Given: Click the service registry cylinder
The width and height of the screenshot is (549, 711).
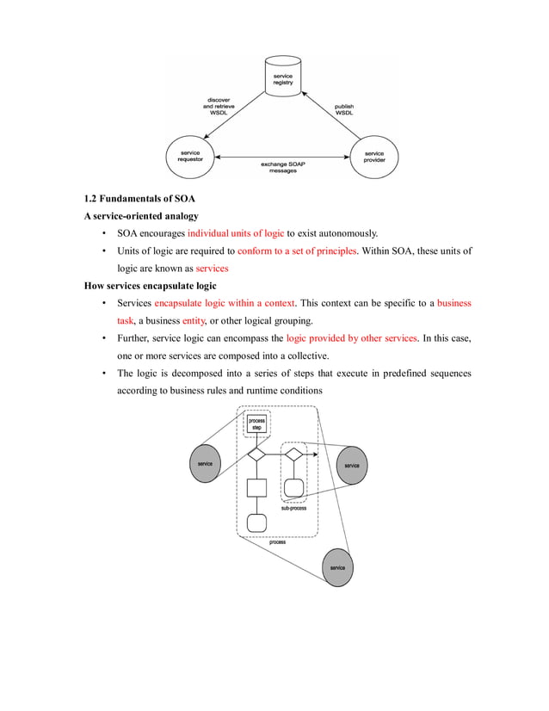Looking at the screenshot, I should coord(282,77).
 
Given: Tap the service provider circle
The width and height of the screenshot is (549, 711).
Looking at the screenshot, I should coord(374,157).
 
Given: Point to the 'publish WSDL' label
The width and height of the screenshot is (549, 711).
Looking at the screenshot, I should coord(344,110).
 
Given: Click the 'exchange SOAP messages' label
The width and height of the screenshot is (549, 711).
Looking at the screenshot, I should coord(282,167).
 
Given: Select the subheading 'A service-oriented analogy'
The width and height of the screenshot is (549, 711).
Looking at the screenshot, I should coord(140,216).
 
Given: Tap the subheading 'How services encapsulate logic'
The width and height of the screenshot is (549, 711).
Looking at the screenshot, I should coord(150,286).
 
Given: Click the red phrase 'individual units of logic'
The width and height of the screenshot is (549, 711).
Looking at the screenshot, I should coord(235,233).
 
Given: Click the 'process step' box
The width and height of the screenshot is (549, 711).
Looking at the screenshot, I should coord(256,424).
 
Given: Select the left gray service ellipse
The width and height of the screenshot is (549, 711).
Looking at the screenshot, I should coord(205,465).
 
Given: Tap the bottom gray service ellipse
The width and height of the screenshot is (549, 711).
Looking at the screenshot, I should coord(337,568).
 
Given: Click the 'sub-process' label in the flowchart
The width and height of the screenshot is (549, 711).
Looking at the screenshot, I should coord(293,509).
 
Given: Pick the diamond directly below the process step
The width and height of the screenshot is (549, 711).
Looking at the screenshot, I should coord(256,454).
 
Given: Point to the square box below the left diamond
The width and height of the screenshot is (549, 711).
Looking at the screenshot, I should coord(256,488).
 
